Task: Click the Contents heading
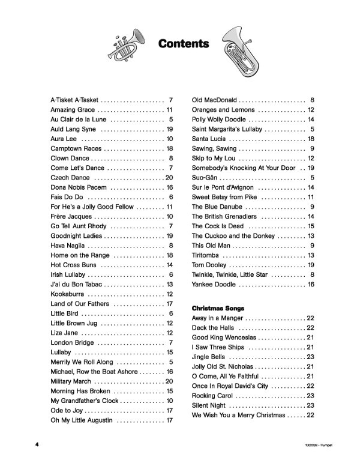184,44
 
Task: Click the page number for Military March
169,381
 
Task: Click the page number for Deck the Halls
311,328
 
